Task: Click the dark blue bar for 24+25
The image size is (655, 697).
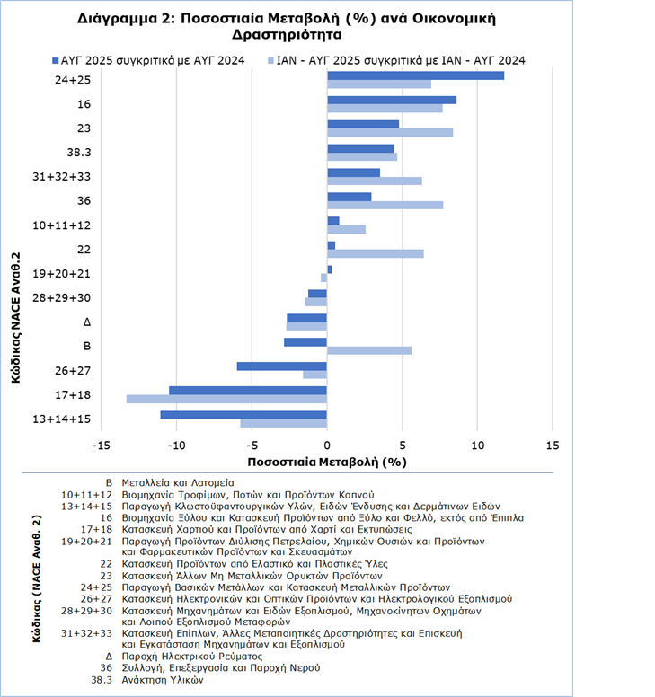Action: point(415,75)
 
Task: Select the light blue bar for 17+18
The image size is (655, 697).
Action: point(226,399)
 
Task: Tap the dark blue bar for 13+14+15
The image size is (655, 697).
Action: point(243,414)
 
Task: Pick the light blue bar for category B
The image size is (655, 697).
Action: point(369,350)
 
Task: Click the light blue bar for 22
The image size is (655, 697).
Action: point(376,253)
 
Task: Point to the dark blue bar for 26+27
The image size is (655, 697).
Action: point(281,366)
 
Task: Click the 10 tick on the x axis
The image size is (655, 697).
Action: point(477,445)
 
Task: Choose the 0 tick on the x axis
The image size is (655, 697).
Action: point(327,445)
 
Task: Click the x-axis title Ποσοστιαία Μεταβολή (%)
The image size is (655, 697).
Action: point(326,462)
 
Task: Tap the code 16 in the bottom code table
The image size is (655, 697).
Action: point(105,517)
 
